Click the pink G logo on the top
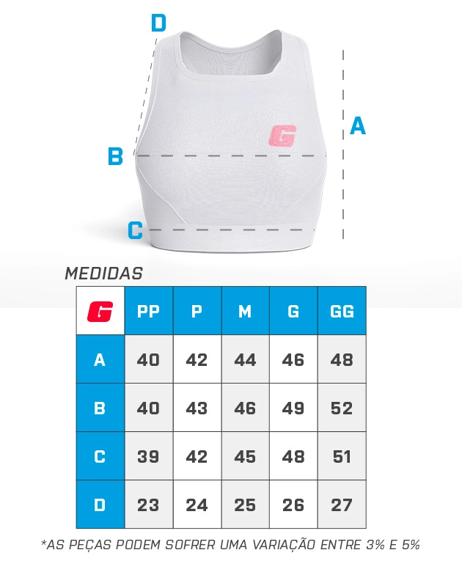pyautogui.click(x=282, y=136)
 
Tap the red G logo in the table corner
pyautogui.click(x=100, y=312)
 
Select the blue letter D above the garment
pyautogui.click(x=158, y=23)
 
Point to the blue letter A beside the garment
pyautogui.click(x=358, y=125)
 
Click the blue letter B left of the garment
pyautogui.click(x=115, y=156)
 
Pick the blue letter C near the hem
pyautogui.click(x=136, y=230)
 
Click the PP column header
pyautogui.click(x=149, y=311)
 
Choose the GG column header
pyautogui.click(x=342, y=311)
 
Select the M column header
pyautogui.click(x=245, y=311)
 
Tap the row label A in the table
pyautogui.click(x=100, y=359)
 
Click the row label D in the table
pyautogui.click(x=100, y=505)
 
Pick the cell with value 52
pyautogui.click(x=342, y=408)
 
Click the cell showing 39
pyautogui.click(x=149, y=456)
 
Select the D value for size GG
pyautogui.click(x=342, y=505)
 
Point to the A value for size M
pyautogui.click(x=245, y=359)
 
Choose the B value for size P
pyautogui.click(x=197, y=408)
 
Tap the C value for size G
pyautogui.click(x=293, y=456)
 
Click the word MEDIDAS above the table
pyautogui.click(x=103, y=274)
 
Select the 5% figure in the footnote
pyautogui.click(x=410, y=545)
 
